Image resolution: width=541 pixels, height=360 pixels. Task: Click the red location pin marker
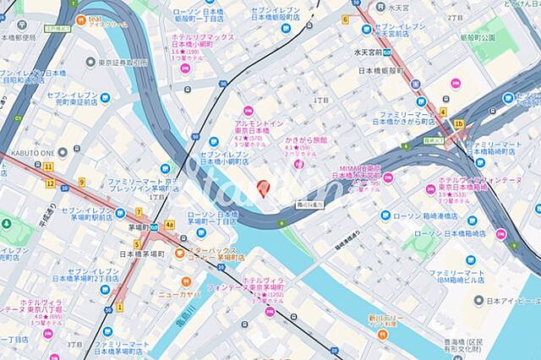coord(262,188)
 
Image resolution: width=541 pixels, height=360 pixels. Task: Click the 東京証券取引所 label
coord(127,63)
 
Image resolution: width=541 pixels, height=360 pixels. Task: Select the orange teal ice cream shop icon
coord(79,19)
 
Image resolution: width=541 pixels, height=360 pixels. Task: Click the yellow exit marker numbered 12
coord(51,183)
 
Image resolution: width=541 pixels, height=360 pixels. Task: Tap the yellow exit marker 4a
coord(169,224)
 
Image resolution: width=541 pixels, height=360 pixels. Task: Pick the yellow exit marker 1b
coord(458,123)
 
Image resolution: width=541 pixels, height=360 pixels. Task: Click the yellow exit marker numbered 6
coord(345,19)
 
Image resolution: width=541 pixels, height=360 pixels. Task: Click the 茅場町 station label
coord(139,227)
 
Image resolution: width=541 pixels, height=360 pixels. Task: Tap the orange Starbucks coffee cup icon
coord(179,252)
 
